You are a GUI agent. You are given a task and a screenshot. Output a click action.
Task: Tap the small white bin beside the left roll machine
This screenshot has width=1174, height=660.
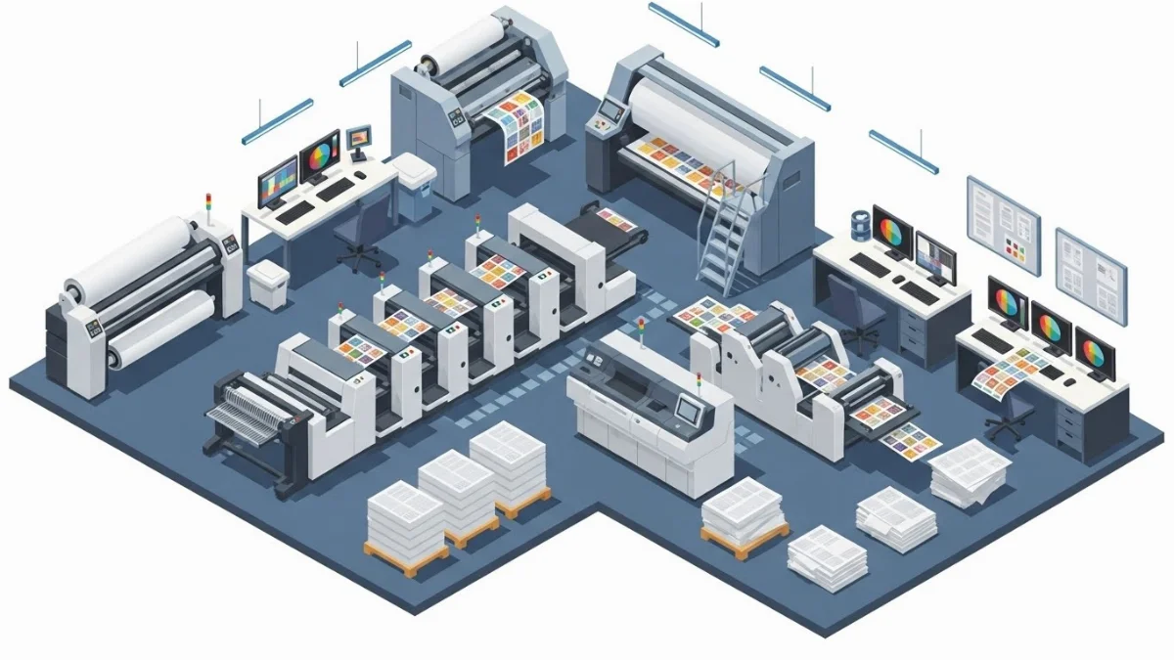pyautogui.click(x=265, y=285)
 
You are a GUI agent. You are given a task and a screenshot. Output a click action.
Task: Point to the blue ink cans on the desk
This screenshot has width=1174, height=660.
pyautogui.click(x=860, y=222)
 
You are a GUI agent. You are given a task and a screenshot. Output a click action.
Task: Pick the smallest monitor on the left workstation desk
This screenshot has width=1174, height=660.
pyautogui.click(x=359, y=138)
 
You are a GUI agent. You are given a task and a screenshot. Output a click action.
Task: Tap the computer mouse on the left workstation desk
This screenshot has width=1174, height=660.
pyautogui.click(x=360, y=175)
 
